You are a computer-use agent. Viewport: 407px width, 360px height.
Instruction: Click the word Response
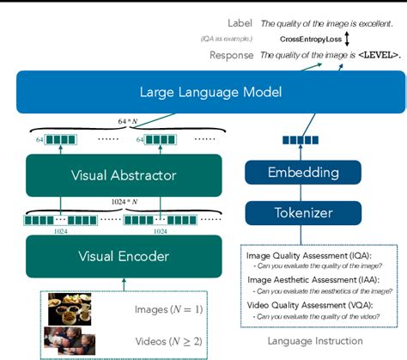[x=232, y=56]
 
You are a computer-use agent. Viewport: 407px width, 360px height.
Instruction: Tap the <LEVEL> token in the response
[x=373, y=56]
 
